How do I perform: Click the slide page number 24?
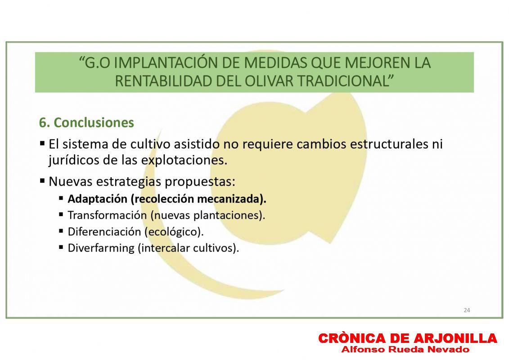pos(467,310)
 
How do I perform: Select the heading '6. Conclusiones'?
pos(86,123)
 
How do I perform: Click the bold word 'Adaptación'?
pos(97,199)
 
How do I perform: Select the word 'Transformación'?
pos(107,215)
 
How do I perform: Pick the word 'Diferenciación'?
pos(104,232)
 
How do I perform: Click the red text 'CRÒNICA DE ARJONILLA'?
pos(408,338)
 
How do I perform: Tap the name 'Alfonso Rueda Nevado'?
pos(405,350)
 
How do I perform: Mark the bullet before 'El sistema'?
pos(42,143)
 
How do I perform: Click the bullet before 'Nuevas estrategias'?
pos(42,180)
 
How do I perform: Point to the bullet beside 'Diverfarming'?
pos(61,247)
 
